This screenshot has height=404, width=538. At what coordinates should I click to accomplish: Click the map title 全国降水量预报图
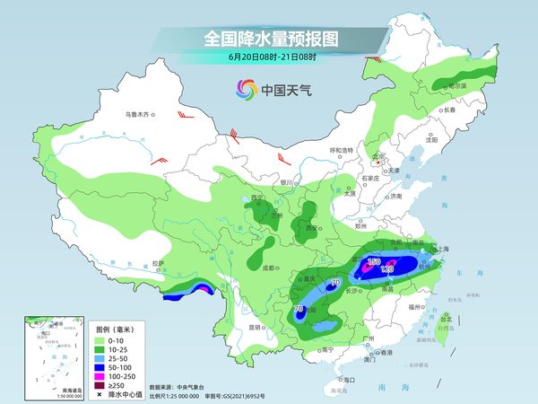click(x=270, y=40)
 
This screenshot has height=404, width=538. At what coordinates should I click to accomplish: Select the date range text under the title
click(x=270, y=58)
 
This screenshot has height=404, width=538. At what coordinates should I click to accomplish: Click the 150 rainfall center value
click(x=374, y=261)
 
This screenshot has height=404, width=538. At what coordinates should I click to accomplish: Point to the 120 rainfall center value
click(x=388, y=268)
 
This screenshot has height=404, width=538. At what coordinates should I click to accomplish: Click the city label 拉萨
click(x=159, y=263)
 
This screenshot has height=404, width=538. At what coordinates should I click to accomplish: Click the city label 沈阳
click(x=432, y=140)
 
